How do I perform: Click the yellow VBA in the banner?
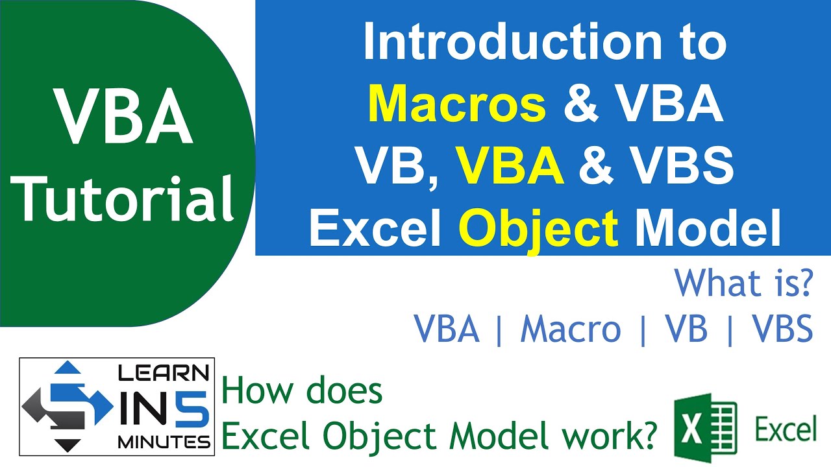coord(510,166)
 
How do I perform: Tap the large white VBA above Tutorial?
coord(123,118)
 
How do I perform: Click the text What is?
coord(743,283)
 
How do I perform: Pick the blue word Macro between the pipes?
coord(570,330)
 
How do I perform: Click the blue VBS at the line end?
coord(782,330)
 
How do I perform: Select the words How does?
coord(302,392)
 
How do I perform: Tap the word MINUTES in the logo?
coord(164,442)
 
